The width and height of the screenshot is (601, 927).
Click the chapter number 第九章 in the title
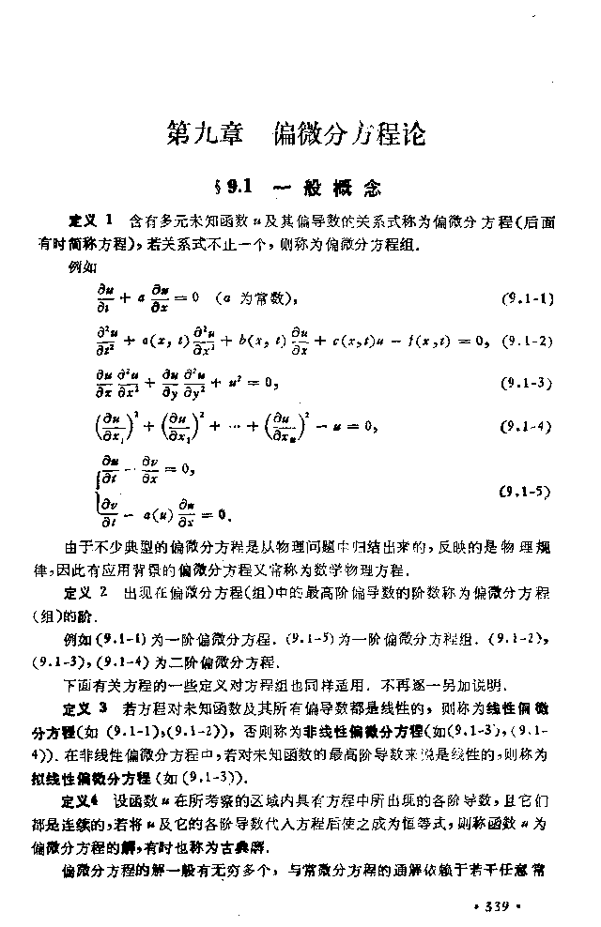pyautogui.click(x=207, y=135)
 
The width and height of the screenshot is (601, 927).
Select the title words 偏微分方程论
pyautogui.click(x=349, y=135)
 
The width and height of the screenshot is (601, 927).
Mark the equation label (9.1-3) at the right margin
pyautogui.click(x=528, y=382)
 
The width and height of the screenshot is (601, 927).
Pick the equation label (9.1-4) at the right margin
pyautogui.click(x=528, y=427)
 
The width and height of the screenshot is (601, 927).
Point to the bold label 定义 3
pyautogui.click(x=91, y=704)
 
